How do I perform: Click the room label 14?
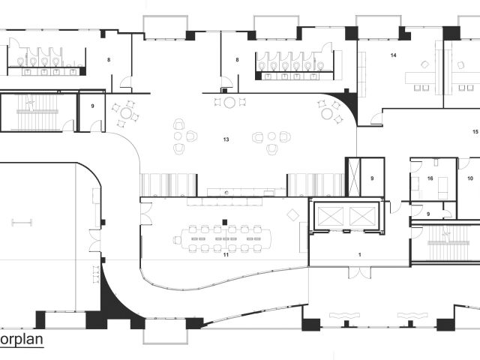pos(393,55)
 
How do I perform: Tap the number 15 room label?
pos(475,131)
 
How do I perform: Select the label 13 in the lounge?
pos(226,139)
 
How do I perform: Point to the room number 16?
pos(430,178)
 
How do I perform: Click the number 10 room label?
pos(469,178)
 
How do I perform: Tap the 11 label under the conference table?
pos(225,255)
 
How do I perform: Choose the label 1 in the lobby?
pos(360,255)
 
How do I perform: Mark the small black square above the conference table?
pos(224,221)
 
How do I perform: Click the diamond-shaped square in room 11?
pos(293,215)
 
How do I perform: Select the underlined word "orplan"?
pos(20,339)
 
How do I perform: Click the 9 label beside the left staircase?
pos(92,106)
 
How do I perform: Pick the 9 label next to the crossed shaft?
pos(372,178)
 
